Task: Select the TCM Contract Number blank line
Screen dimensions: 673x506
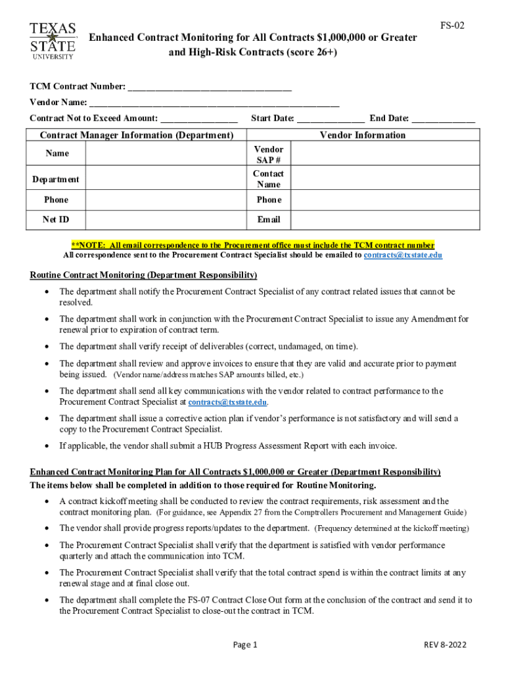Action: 210,87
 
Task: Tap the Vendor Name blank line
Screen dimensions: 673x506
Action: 214,103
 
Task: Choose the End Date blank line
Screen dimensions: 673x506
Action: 444,119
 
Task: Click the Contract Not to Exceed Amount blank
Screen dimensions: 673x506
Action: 199,119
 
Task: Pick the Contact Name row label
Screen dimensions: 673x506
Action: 269,179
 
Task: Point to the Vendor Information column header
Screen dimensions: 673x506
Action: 363,135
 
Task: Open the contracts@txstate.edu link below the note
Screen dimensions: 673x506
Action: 403,255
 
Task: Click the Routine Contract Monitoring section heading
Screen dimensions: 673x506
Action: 143,275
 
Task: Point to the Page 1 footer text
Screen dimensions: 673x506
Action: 245,645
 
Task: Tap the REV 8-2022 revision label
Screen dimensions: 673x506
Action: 445,645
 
